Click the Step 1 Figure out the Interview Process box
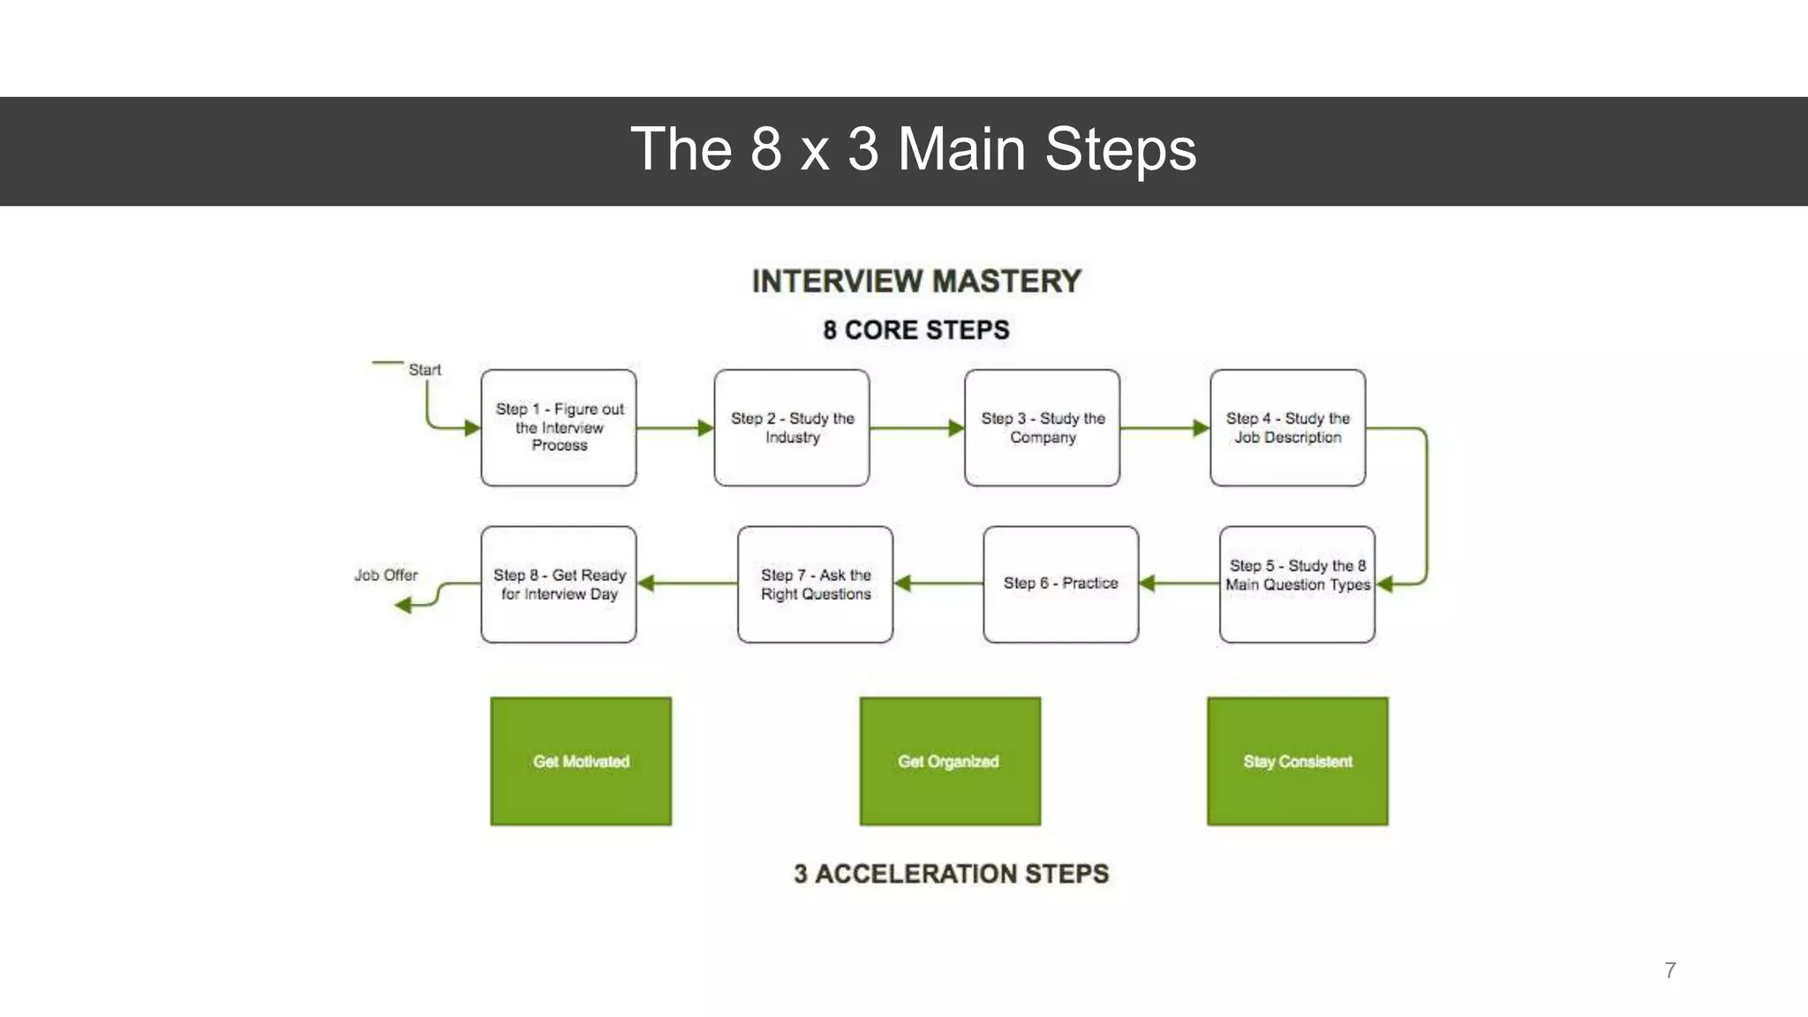(x=559, y=427)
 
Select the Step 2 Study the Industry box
(x=792, y=427)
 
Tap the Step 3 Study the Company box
(x=1043, y=427)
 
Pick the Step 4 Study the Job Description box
(x=1288, y=427)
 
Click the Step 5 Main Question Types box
(x=1297, y=584)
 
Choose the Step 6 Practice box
(x=1060, y=584)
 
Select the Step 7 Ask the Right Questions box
(x=815, y=584)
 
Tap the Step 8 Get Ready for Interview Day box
(x=559, y=584)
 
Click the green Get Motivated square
(x=581, y=761)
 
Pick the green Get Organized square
(x=950, y=761)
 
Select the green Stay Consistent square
(x=1298, y=761)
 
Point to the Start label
(x=425, y=370)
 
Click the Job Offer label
(x=386, y=575)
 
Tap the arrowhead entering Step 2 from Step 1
(x=705, y=428)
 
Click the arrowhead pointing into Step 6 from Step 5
(x=1148, y=583)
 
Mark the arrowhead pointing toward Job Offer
(x=403, y=605)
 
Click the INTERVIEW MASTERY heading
(x=916, y=282)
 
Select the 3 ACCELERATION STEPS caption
(x=951, y=873)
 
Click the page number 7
(x=1670, y=970)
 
